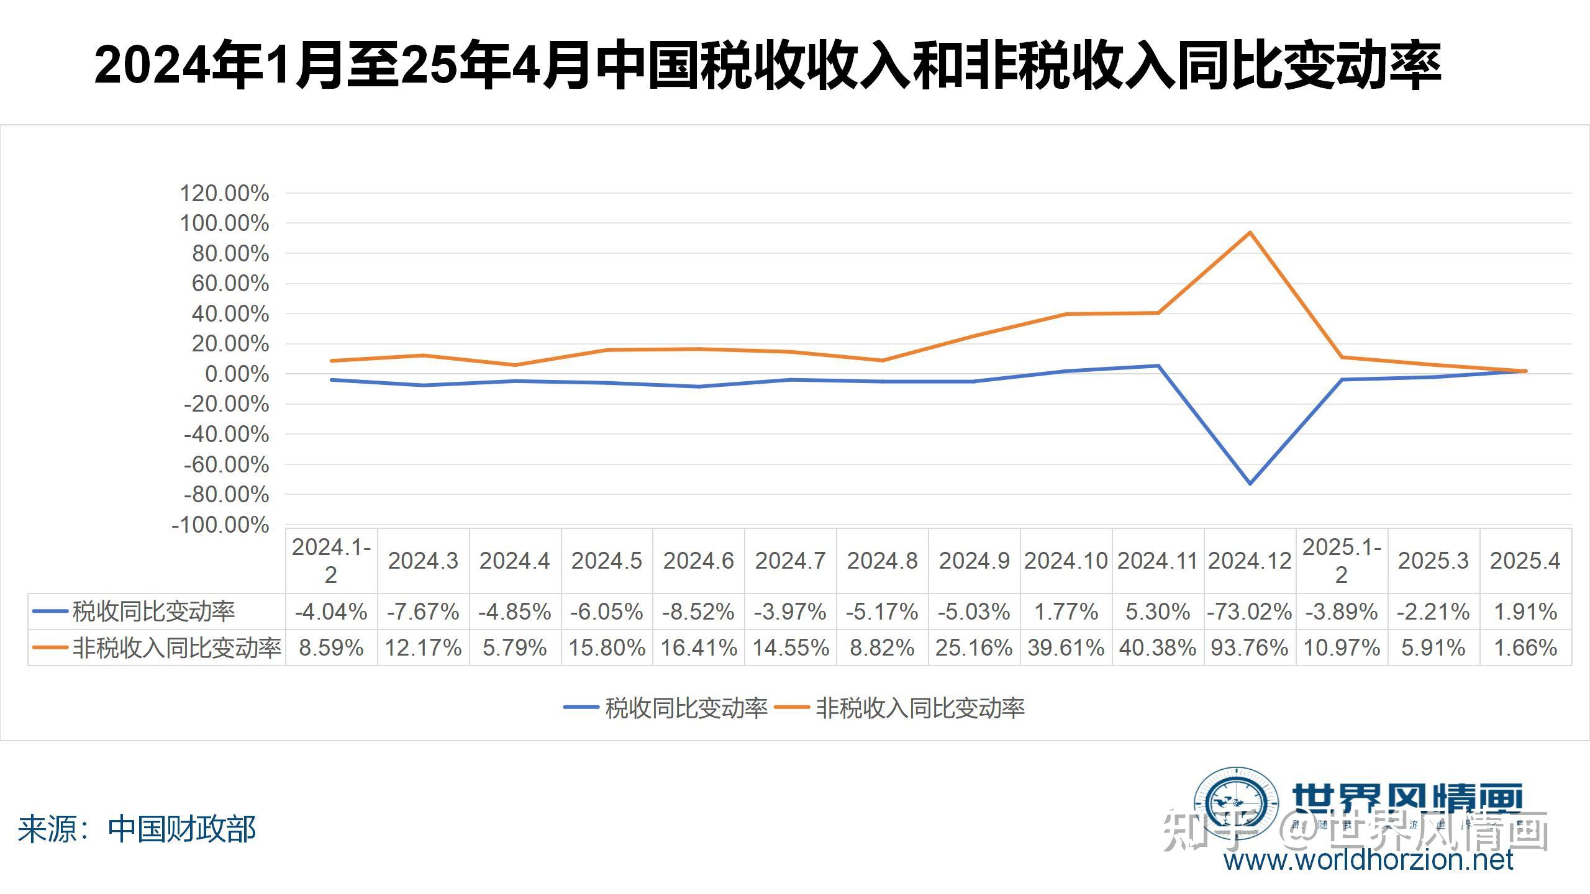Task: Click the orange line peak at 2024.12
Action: pos(1250,233)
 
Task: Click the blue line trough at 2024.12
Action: pos(1250,483)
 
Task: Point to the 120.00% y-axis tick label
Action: pos(224,194)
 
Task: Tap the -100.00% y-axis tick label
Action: pos(220,525)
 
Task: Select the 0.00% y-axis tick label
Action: pos(237,374)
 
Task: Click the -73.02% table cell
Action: pos(1250,612)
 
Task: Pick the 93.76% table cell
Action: pos(1250,648)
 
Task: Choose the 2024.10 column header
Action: pos(1066,561)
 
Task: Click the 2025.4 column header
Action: pos(1525,561)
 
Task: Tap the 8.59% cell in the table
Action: pos(331,648)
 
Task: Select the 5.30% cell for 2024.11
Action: pos(1158,612)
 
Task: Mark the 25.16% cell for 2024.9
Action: pos(974,648)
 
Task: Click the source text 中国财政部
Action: pos(182,829)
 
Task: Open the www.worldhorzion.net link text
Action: pos(1368,860)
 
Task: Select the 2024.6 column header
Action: pos(698,561)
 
